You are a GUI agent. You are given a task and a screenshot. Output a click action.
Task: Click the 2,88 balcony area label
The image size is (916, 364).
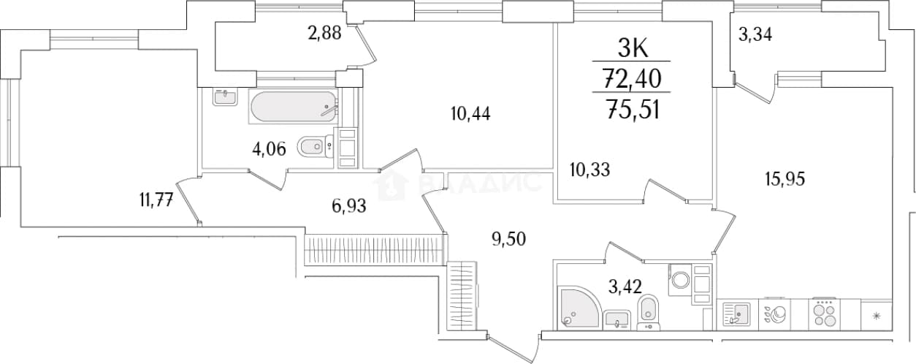[x=324, y=33]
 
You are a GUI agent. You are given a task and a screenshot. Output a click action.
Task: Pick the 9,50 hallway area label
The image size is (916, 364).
[x=508, y=238]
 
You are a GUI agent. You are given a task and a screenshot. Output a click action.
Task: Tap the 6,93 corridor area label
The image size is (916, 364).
[x=349, y=205]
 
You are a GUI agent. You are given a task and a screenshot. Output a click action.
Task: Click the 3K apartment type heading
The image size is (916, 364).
[x=632, y=49]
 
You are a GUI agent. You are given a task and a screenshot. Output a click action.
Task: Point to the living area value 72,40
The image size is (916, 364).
[x=632, y=79]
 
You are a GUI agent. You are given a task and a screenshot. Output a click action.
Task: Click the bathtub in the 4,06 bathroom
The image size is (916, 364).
[x=293, y=106]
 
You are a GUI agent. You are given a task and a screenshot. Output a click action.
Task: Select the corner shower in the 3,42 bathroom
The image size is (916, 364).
[x=579, y=307]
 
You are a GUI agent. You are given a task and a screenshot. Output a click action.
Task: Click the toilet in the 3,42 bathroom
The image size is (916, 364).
[x=771, y=312]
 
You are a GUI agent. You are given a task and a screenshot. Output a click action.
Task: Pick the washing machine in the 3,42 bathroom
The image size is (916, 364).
[x=681, y=280]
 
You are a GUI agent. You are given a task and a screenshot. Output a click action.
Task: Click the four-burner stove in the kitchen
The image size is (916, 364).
[x=825, y=314]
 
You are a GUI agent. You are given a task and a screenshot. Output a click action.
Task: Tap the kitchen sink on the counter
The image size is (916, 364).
[x=736, y=314]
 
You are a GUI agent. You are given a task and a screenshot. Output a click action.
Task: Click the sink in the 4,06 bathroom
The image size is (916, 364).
[x=225, y=97]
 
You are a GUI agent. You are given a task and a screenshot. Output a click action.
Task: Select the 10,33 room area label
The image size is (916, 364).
[x=589, y=170]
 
